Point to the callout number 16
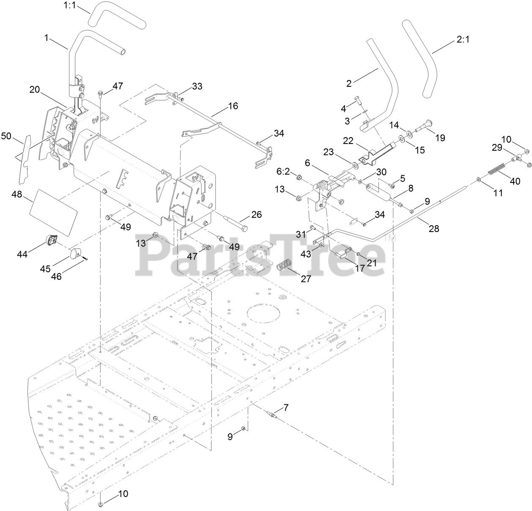coord(233,105)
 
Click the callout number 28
coord(434,229)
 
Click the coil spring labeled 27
coord(285,267)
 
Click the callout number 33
coord(197,86)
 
